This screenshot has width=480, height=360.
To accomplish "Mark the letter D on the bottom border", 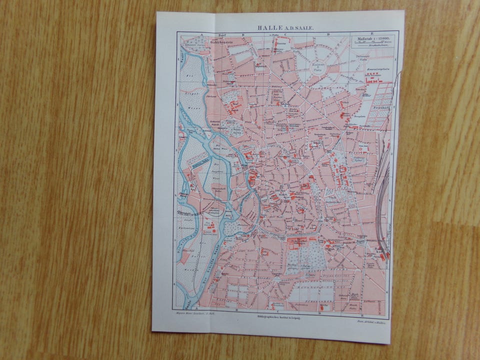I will (319, 313).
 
